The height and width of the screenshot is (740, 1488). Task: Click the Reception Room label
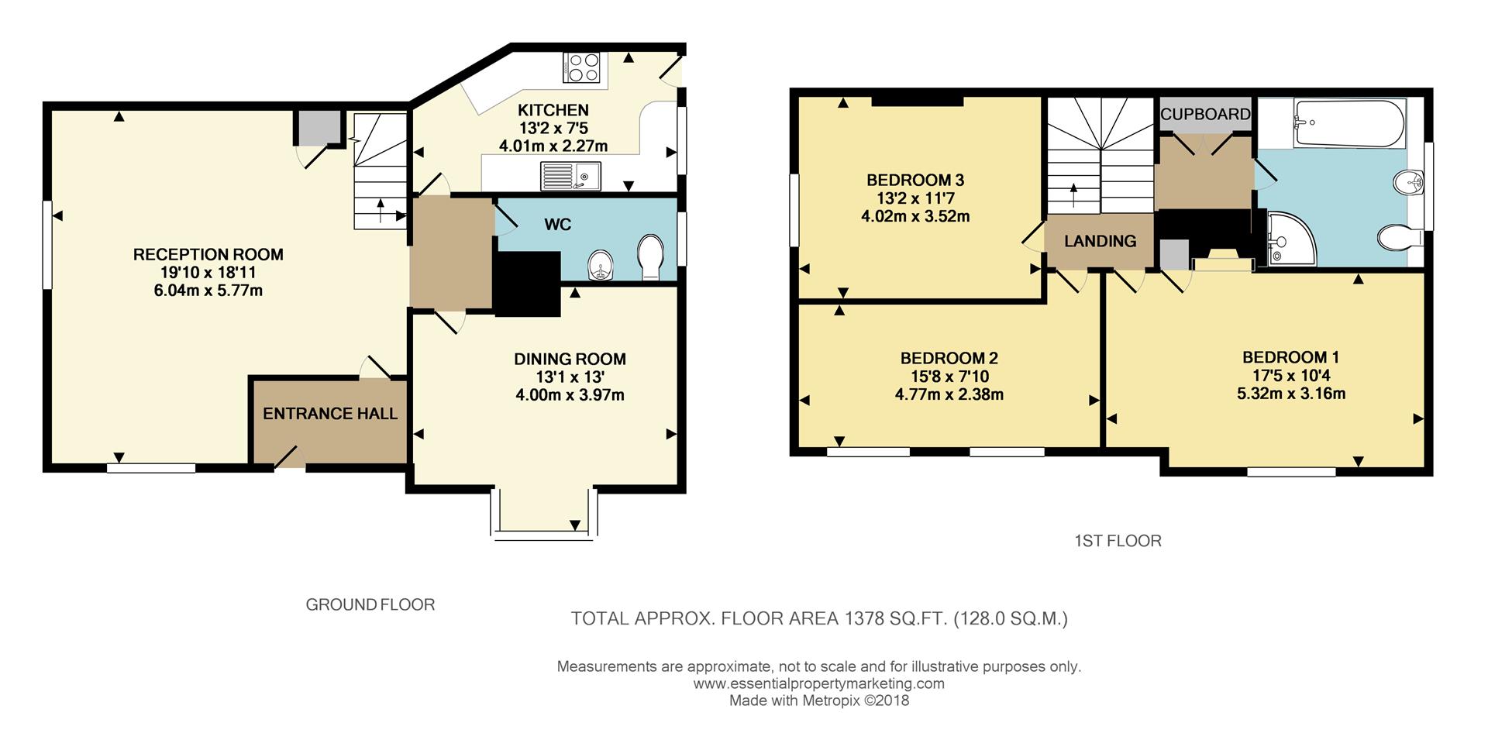(x=208, y=254)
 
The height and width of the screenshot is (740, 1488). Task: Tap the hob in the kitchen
(x=584, y=67)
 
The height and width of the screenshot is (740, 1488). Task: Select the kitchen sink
(x=570, y=176)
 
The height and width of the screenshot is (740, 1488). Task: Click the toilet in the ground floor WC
(x=649, y=256)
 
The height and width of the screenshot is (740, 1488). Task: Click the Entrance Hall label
(x=330, y=414)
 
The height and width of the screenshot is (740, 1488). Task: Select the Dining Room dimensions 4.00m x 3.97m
(x=570, y=395)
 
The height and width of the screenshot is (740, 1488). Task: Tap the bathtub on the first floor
(x=1348, y=124)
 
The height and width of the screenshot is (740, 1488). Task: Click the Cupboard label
(x=1205, y=114)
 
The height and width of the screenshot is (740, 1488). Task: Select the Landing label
(x=1100, y=241)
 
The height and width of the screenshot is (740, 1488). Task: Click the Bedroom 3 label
(x=915, y=181)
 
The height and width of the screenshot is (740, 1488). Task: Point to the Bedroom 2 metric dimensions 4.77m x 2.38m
(x=949, y=394)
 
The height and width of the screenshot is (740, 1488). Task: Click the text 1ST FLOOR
(x=1118, y=541)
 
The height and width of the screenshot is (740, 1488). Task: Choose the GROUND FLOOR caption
(x=370, y=604)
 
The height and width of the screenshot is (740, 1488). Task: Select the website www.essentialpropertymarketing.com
(x=818, y=683)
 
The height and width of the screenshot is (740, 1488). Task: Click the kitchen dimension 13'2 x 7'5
(x=553, y=128)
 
